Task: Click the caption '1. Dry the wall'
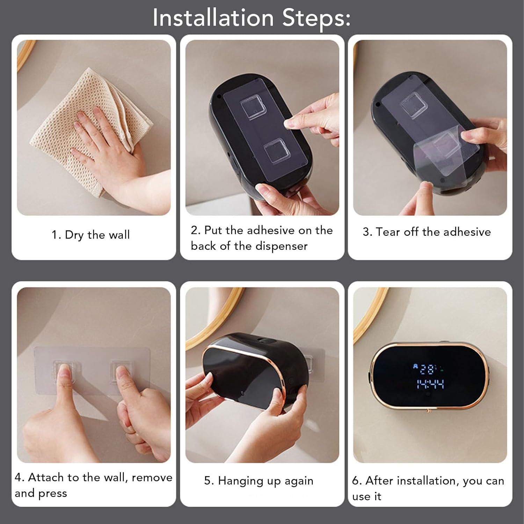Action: pyautogui.click(x=91, y=235)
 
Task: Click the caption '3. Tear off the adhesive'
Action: pyautogui.click(x=427, y=232)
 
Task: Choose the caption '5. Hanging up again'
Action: pyautogui.click(x=259, y=481)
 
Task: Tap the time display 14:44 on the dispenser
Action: pyautogui.click(x=430, y=385)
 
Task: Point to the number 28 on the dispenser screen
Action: pyautogui.click(x=427, y=369)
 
